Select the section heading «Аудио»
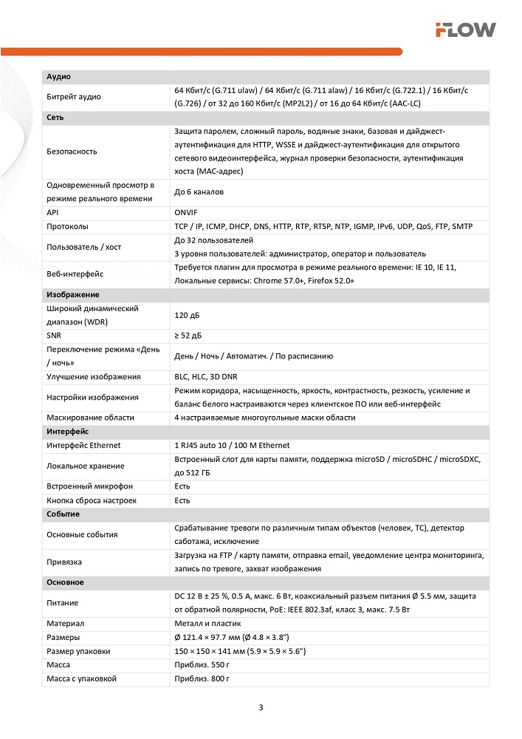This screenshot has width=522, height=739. [58, 76]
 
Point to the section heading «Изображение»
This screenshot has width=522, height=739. [73, 294]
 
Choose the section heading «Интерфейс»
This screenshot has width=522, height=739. [68, 431]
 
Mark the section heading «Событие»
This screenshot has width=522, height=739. [63, 514]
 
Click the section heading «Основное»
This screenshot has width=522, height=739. [65, 582]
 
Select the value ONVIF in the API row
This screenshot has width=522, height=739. [186, 212]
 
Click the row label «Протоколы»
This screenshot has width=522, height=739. [67, 226]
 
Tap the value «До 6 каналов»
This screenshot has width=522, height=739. [199, 192]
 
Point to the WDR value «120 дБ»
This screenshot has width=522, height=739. [187, 316]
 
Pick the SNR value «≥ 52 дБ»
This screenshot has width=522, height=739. [188, 336]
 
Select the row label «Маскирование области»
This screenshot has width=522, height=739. [90, 418]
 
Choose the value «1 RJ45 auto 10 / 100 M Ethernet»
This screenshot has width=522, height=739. [232, 446]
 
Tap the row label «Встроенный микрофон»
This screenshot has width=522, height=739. [89, 486]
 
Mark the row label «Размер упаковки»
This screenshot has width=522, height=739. [78, 651]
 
